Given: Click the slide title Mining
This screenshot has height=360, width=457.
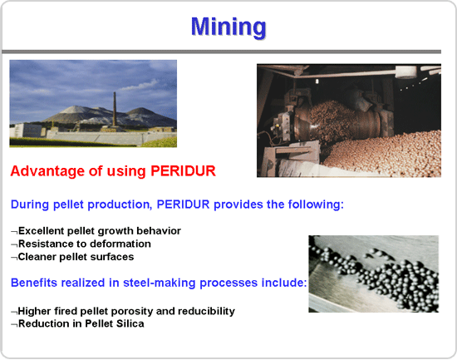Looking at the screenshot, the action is pyautogui.click(x=228, y=27).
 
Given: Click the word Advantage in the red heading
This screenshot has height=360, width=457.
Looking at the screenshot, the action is pyautogui.click(x=48, y=171).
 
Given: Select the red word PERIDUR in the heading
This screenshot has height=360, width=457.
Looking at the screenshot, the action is pyautogui.click(x=183, y=171).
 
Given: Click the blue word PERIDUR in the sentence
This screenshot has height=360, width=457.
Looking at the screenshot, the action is pyautogui.click(x=183, y=205).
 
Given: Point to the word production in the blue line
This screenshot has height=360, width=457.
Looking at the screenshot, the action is pyautogui.click(x=119, y=205).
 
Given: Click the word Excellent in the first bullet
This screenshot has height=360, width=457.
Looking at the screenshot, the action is pyautogui.click(x=41, y=231).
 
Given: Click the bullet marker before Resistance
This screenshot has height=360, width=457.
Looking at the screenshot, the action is pyautogui.click(x=14, y=244).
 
